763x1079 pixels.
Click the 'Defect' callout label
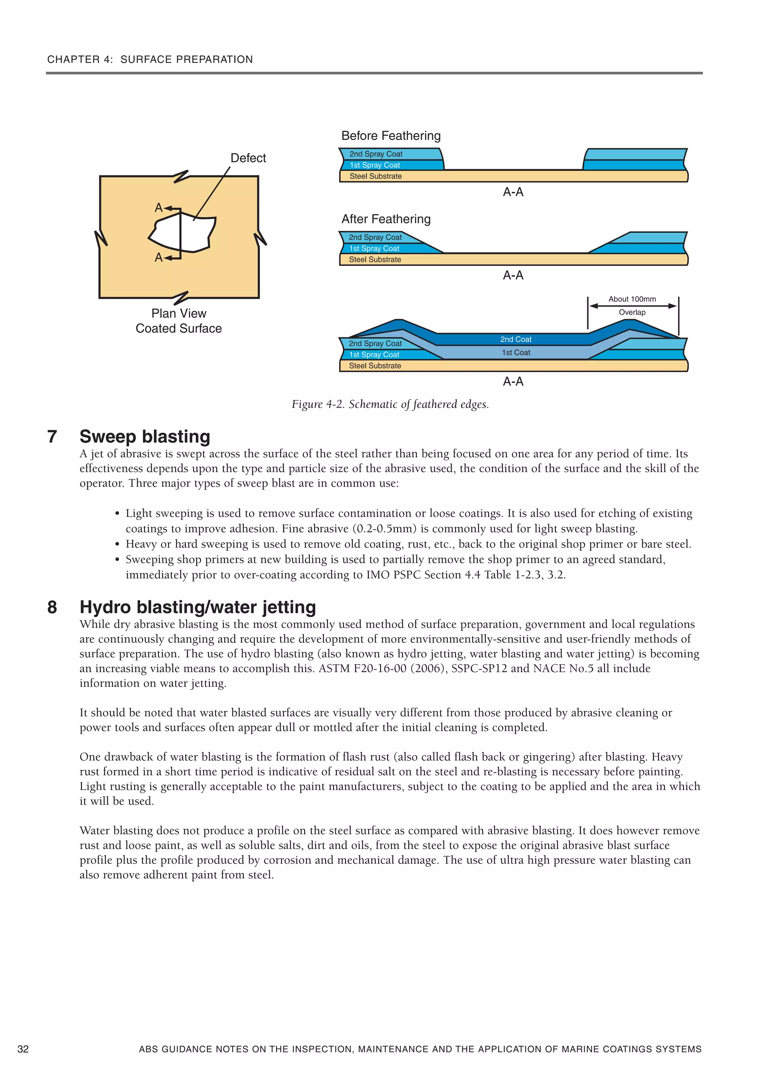tap(248, 158)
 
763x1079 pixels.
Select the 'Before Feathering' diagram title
tap(391, 136)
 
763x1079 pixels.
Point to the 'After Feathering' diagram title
tap(386, 219)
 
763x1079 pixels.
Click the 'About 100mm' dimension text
tap(632, 299)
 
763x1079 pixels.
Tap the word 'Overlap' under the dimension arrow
tap(632, 312)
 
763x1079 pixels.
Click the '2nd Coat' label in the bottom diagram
tap(515, 339)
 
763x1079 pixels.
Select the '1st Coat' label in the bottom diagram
tap(515, 352)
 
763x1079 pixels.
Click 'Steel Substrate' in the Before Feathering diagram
tap(375, 176)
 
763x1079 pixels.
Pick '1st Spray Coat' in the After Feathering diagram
tap(374, 248)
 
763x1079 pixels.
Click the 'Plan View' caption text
tap(179, 314)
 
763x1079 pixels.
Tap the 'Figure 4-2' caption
tap(390, 404)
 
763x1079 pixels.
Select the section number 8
tap(52, 607)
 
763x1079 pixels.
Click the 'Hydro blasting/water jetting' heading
tap(197, 607)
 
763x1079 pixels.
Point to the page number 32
tap(23, 1049)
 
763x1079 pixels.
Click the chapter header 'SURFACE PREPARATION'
tap(187, 60)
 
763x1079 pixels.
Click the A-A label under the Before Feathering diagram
tap(513, 192)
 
